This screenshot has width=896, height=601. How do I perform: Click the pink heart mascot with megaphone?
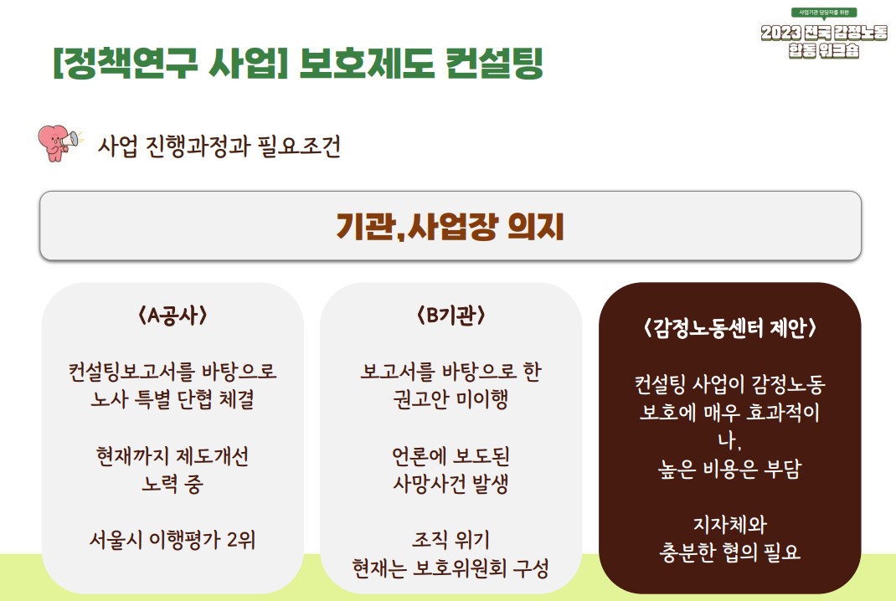59,143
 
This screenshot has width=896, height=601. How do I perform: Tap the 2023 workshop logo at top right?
823,33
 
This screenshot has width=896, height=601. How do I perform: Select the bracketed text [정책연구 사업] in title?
170,63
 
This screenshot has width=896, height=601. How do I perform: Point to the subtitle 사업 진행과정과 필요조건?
219,146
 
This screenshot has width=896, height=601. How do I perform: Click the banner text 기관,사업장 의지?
451,226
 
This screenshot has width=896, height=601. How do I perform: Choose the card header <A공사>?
172,316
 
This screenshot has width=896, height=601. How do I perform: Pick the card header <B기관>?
451,316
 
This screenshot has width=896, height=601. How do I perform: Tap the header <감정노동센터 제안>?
729,328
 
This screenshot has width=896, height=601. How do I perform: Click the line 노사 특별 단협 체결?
172,399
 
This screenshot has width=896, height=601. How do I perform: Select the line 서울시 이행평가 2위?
172,540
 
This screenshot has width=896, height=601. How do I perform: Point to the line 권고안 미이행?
451,399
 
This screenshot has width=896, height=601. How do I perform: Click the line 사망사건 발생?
451,484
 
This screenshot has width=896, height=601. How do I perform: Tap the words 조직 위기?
451,540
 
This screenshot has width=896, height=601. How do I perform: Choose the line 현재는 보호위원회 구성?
451,568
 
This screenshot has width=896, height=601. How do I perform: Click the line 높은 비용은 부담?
729,469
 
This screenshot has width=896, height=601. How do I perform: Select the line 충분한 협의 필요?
729,552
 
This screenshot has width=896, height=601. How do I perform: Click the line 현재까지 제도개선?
172,456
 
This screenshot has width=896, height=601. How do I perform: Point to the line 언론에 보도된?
451,456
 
